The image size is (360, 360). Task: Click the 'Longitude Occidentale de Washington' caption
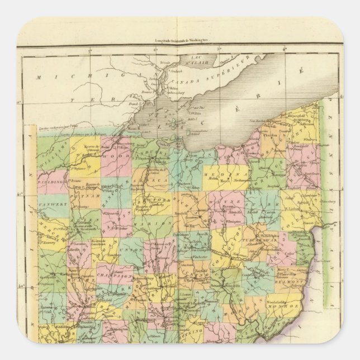[177, 40]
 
